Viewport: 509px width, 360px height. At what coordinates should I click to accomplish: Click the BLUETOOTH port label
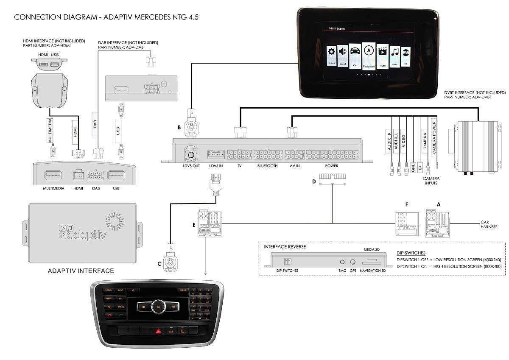pyautogui.click(x=267, y=166)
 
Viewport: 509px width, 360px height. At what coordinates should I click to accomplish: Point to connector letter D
pyautogui.click(x=314, y=182)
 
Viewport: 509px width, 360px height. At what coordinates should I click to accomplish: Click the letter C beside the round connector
pyautogui.click(x=159, y=264)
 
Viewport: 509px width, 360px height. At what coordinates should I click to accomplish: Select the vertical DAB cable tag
pyautogui.click(x=95, y=124)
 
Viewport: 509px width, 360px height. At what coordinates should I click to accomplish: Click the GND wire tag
pyautogui.click(x=412, y=167)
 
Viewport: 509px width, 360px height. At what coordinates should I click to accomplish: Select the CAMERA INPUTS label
pyautogui.click(x=431, y=181)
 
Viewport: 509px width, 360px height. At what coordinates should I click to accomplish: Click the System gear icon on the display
pyautogui.click(x=331, y=53)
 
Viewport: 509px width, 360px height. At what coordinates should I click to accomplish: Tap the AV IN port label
pyautogui.click(x=294, y=166)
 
